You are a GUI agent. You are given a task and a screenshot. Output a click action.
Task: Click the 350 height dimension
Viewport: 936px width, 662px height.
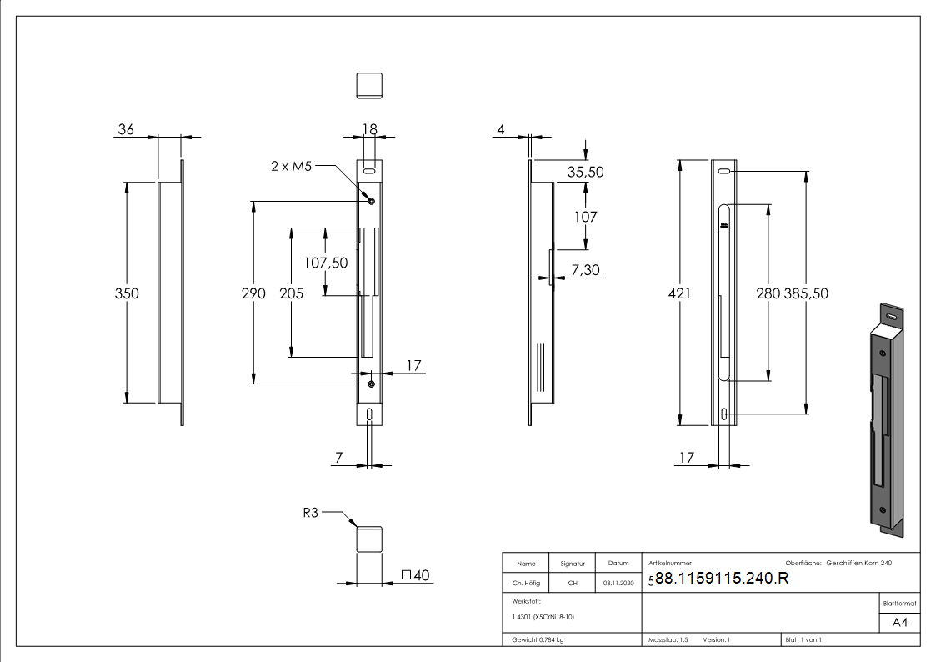point(127,293)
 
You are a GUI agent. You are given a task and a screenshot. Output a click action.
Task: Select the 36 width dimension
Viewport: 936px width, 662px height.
point(127,129)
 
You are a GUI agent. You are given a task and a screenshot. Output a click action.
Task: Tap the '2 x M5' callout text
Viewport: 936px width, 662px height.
point(291,167)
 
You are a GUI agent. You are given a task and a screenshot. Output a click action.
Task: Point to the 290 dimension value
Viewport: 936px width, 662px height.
point(253,293)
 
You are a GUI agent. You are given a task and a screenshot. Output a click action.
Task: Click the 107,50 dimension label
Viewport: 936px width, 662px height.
point(326,262)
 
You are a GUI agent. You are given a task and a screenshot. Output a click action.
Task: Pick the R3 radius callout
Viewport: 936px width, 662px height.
point(311,514)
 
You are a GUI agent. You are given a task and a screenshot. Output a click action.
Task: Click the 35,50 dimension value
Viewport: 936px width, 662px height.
point(585,173)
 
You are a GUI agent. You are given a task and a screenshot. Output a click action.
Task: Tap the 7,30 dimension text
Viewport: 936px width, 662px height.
point(586,270)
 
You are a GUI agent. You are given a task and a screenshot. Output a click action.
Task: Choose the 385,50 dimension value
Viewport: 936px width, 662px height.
point(806,293)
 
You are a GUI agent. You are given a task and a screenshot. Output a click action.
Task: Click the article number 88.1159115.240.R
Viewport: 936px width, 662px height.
point(721,579)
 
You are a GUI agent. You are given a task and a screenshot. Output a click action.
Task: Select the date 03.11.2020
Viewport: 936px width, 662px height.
point(618,584)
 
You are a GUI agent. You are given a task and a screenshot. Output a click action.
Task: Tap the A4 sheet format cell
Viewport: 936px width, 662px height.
point(899,623)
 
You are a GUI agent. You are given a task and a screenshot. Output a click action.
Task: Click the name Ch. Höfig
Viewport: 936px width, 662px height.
point(526,584)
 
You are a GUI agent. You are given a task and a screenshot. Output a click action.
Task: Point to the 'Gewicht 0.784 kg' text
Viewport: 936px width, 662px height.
point(538,639)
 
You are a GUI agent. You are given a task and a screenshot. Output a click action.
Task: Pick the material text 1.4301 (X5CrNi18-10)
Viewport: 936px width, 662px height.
point(543,617)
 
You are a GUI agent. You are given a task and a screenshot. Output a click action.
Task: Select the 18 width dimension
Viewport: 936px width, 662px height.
point(368,128)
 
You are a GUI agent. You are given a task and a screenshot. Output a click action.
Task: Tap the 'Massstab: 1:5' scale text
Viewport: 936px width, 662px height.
point(668,639)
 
